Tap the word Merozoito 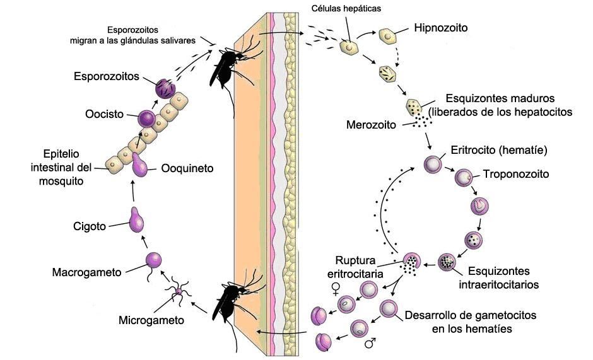point(371,124)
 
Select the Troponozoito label point(516,173)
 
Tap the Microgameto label point(151,320)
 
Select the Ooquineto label point(187,168)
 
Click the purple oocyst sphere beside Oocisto point(146,117)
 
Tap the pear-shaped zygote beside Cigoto point(136,219)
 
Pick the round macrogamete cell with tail point(153,259)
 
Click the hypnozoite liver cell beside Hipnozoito point(387,36)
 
